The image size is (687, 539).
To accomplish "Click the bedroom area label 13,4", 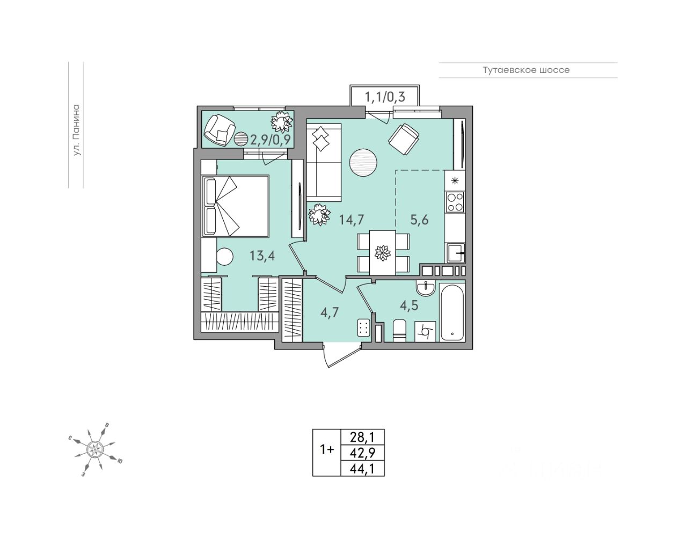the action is (262, 256).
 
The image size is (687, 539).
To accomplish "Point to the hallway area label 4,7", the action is (329, 312).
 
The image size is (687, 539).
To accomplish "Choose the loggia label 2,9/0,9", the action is (271, 140).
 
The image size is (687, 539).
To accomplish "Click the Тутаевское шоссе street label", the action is (525, 70).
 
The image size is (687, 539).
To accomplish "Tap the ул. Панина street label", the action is (76, 130).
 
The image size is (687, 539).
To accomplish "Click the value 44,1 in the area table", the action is (363, 468).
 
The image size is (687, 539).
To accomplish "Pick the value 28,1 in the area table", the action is (363, 436).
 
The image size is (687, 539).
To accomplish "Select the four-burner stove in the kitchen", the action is (455, 201).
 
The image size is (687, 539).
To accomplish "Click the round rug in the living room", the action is (364, 162).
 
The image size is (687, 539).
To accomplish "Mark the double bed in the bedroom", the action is (235, 206).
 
